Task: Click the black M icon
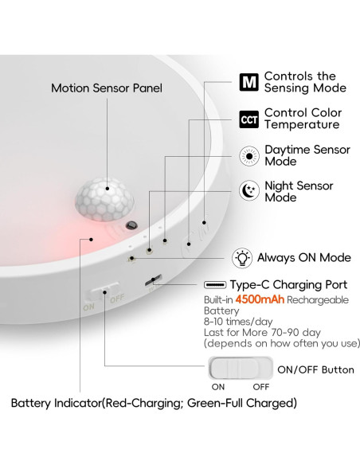pos(249,82)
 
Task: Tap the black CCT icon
pos(249,119)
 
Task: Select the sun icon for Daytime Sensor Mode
pos(249,154)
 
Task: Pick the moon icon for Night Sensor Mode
pos(249,191)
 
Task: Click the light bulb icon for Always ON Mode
pos(241,257)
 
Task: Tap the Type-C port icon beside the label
pos(214,284)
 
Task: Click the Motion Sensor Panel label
pos(107,88)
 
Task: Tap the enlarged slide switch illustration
pos(237,369)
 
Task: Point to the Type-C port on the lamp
pos(153,280)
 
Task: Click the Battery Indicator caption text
pos(154,404)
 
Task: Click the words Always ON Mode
pos(303,257)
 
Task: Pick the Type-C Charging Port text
pos(288,284)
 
